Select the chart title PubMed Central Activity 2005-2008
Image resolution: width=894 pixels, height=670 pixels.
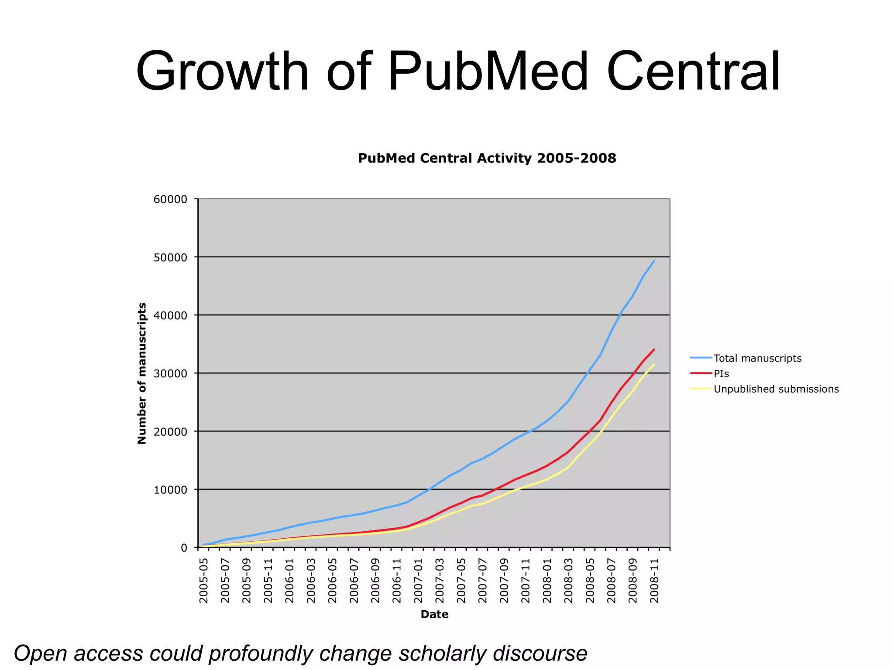pyautogui.click(x=487, y=158)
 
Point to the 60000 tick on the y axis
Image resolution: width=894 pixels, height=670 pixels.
pyautogui.click(x=170, y=199)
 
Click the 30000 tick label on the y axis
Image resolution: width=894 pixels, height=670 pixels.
pyautogui.click(x=170, y=374)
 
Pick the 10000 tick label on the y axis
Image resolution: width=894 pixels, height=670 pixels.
pyautogui.click(x=170, y=490)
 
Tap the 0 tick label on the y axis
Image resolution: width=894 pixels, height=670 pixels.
pyautogui.click(x=184, y=548)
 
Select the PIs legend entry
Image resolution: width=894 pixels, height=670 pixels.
pyautogui.click(x=721, y=373)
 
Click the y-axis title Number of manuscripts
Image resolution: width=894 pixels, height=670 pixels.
pyautogui.click(x=142, y=373)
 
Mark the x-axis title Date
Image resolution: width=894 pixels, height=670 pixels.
pyautogui.click(x=434, y=614)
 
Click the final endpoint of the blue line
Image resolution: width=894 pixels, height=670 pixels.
pyautogui.click(x=654, y=261)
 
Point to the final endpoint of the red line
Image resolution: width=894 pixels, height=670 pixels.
pyautogui.click(x=654, y=349)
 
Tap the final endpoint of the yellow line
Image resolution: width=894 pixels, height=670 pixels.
pyautogui.click(x=654, y=364)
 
